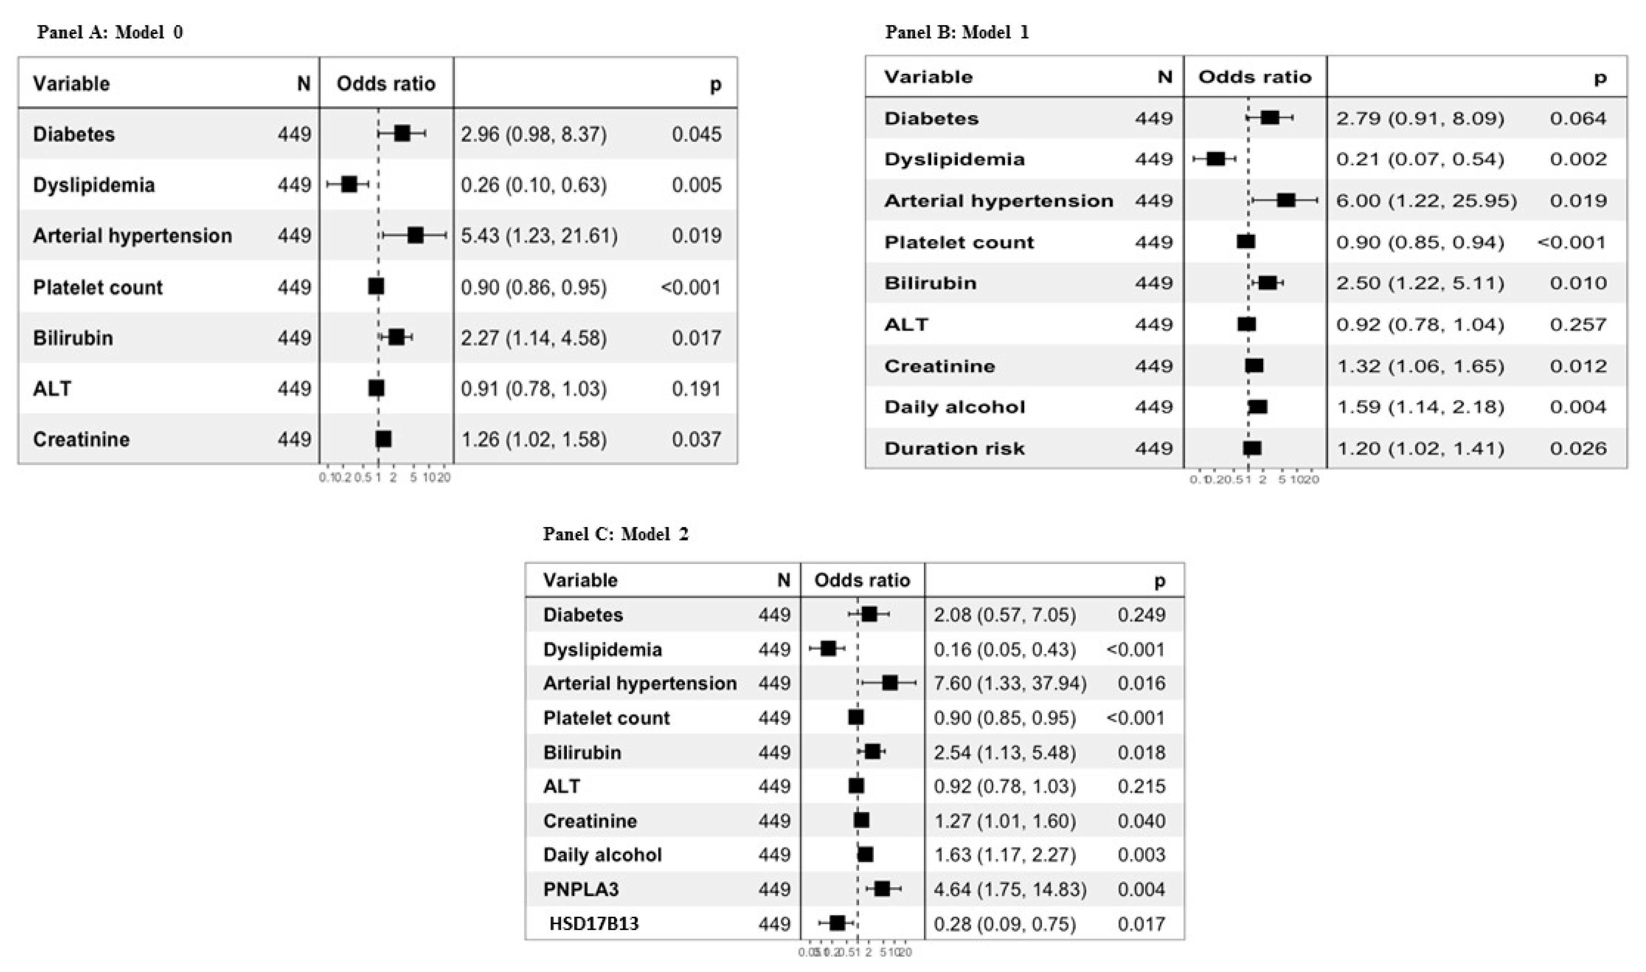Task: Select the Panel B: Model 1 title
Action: tap(956, 32)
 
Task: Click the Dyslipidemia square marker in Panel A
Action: tap(349, 185)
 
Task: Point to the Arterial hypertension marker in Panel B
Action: tap(1286, 201)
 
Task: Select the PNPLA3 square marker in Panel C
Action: tap(882, 889)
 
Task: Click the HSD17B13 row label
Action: tap(594, 923)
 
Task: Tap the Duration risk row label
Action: tap(954, 449)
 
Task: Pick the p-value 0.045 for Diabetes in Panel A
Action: tap(696, 134)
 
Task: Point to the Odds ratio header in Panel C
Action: tap(862, 580)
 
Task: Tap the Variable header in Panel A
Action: tap(71, 84)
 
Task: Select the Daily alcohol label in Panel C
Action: tap(602, 855)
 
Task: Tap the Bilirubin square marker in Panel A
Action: tap(396, 337)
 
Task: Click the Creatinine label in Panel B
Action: tap(939, 366)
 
